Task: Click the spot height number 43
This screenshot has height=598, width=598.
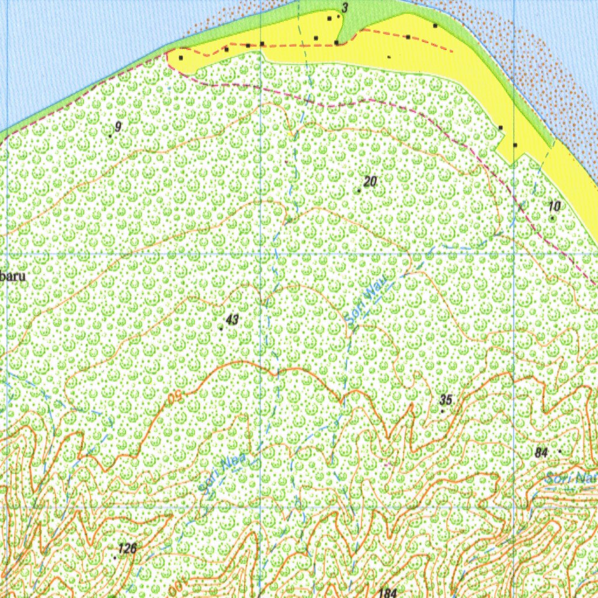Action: click(x=232, y=319)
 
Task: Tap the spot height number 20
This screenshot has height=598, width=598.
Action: click(x=370, y=182)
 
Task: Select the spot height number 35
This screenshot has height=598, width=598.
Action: click(x=446, y=400)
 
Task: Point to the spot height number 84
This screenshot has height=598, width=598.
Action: click(x=541, y=452)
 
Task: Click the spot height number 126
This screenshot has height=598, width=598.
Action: click(x=127, y=548)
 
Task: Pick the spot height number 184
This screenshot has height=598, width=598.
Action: click(x=388, y=593)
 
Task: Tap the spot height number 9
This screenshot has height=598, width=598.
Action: click(x=118, y=127)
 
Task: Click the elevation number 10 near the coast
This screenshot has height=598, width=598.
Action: click(x=555, y=206)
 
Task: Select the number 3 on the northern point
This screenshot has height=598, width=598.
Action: click(x=345, y=8)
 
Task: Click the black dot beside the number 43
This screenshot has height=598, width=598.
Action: click(x=221, y=328)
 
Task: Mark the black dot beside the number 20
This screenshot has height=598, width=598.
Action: click(x=359, y=191)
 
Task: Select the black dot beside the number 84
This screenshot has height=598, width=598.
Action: click(x=560, y=451)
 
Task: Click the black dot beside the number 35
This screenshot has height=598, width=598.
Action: click(x=442, y=411)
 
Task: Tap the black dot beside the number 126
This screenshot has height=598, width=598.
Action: click(x=115, y=557)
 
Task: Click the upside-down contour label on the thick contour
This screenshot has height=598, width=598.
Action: click(x=172, y=399)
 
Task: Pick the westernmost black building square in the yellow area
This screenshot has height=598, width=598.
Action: click(x=181, y=58)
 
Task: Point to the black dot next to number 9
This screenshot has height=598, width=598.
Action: click(x=110, y=135)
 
